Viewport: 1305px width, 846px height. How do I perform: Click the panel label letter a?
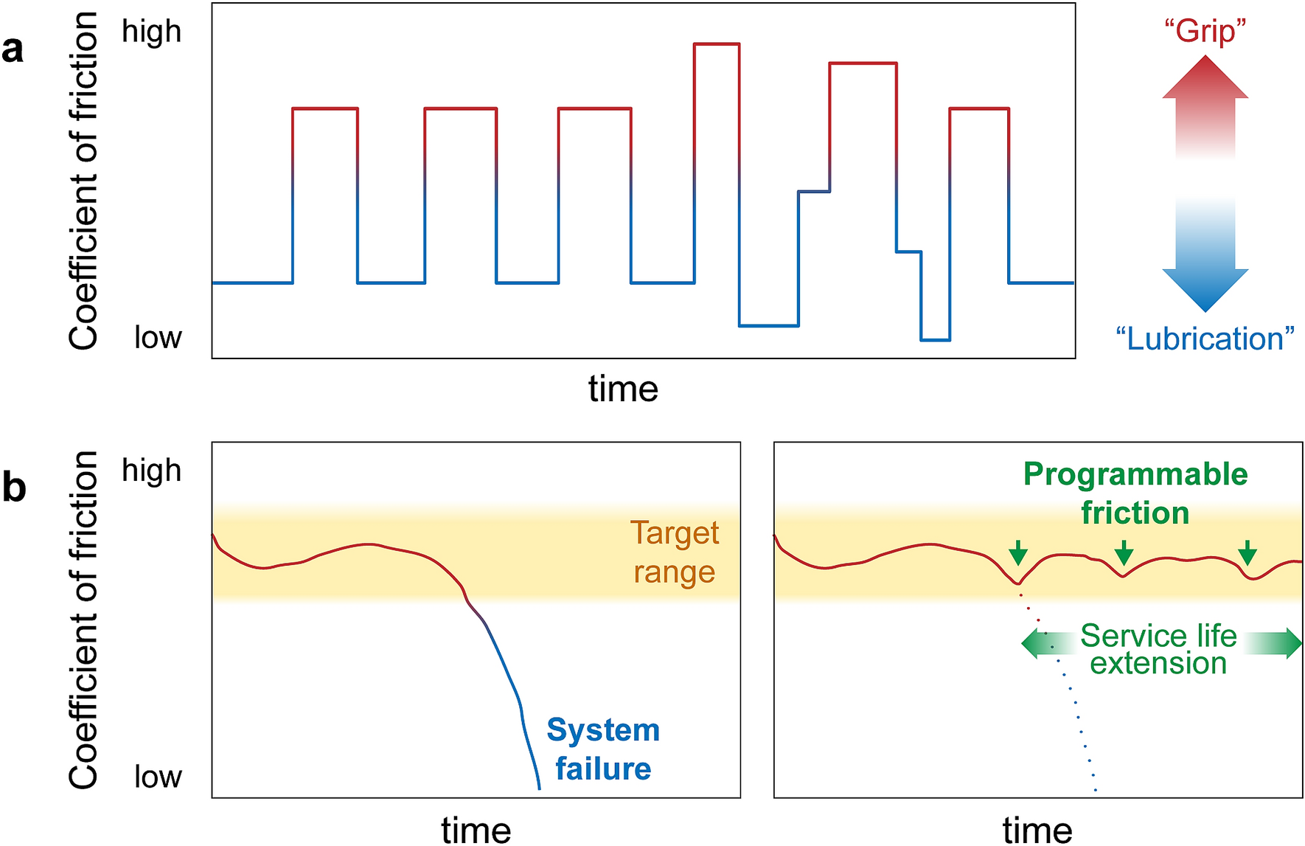(13, 50)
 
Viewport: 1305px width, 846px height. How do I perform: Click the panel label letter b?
(14, 488)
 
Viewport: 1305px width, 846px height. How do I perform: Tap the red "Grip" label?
(1205, 31)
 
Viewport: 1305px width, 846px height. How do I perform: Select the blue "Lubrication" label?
(1205, 339)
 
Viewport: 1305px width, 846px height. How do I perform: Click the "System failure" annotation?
(603, 749)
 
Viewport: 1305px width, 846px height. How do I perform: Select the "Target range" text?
(674, 552)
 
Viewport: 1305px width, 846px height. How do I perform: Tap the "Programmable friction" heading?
(1135, 493)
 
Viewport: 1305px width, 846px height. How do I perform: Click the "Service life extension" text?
(1158, 649)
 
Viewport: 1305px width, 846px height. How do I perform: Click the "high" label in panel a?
(151, 32)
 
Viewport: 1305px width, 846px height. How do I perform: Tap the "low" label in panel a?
(158, 337)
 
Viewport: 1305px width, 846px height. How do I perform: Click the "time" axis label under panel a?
(623, 389)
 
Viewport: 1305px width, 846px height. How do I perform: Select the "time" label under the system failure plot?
(476, 830)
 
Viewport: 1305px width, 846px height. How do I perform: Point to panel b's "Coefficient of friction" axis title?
(83, 620)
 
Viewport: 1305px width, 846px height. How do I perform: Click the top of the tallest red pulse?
(717, 44)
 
